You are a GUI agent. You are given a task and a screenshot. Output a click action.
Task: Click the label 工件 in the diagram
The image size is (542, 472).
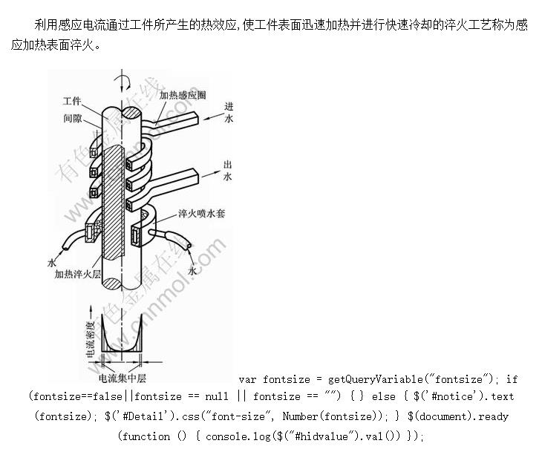(72, 101)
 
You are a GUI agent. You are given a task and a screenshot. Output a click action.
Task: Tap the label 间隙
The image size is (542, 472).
(72, 117)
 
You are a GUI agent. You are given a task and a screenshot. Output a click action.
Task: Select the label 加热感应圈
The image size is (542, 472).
(183, 95)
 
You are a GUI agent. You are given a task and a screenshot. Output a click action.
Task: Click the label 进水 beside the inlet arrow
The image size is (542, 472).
(228, 113)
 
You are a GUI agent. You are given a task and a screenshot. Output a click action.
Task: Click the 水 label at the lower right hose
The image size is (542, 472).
(192, 272)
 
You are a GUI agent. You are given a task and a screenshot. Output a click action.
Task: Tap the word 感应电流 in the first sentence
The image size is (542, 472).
(79, 24)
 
